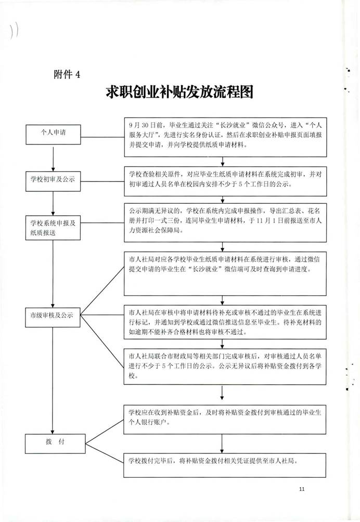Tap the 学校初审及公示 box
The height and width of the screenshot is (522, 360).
pos(53,180)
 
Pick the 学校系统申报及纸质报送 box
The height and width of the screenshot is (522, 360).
pos(53,228)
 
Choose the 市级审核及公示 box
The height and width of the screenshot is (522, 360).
pos(53,315)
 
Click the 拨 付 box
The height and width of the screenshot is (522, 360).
pos(53,442)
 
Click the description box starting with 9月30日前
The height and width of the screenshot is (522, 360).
pos(225,136)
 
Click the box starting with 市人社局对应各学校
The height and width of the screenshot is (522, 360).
pos(225,274)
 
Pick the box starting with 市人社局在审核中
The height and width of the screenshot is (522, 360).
pos(225,322)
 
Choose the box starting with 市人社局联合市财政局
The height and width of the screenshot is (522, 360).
pos(225,366)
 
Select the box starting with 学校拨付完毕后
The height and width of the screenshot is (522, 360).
pos(225,461)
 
